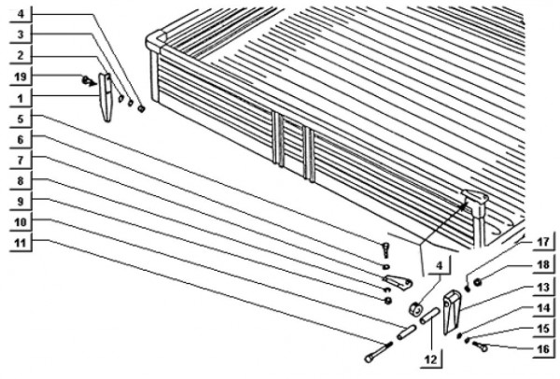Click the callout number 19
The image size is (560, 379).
click(21, 77)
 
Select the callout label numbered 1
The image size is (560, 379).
click(21, 99)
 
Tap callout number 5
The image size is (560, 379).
click(21, 119)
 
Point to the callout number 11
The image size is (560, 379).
click(21, 243)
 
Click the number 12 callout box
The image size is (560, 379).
click(430, 359)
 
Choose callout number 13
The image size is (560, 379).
click(543, 288)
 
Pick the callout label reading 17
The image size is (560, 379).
click(543, 242)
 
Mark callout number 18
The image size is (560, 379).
click(543, 265)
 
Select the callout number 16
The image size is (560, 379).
click(543, 348)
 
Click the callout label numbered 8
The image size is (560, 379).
click(21, 181)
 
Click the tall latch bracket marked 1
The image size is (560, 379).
click(105, 97)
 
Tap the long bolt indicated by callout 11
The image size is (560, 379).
click(378, 352)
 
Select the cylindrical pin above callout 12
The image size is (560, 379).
click(429, 316)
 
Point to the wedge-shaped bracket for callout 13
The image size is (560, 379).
click(451, 313)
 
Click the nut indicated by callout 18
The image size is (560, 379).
click(477, 282)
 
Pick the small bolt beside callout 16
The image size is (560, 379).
click(480, 345)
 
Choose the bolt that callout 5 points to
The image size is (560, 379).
click(386, 249)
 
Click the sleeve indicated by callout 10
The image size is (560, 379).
click(406, 332)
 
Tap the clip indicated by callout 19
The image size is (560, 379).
click(89, 81)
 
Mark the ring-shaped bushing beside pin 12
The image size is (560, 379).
click(415, 309)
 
